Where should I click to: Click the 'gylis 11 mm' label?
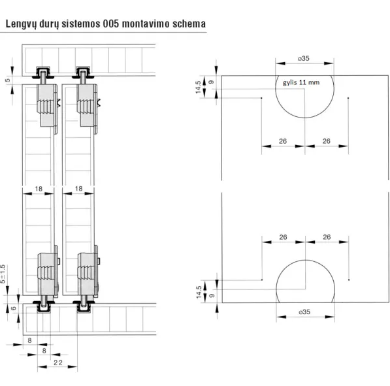coord(301,82)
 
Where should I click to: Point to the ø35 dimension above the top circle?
coord(304,58)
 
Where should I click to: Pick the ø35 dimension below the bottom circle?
coord(304,312)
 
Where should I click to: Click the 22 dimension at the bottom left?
coord(58,362)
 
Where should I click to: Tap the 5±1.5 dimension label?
coord(3,274)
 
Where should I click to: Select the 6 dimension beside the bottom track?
coord(14,308)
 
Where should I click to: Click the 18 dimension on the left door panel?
coord(39,189)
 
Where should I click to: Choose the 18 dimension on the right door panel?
coord(78,189)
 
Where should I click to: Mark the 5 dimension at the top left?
coord(7,80)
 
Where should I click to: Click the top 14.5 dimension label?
coord(198,88)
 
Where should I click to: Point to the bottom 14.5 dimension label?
coord(199,292)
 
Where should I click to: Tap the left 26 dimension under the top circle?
coord(283,141)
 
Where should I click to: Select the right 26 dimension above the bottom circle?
coord(327,237)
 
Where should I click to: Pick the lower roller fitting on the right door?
coord(88,278)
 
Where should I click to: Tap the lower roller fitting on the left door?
coord(48,278)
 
